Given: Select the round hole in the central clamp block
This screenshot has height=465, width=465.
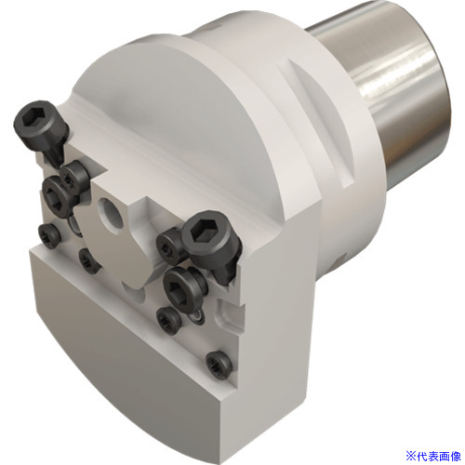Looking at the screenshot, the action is point(110,213).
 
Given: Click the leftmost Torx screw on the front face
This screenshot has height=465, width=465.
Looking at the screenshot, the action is point(49,234).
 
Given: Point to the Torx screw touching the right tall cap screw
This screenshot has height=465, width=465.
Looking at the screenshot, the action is point(168,246).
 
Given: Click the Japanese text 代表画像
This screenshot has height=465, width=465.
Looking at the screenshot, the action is point(440,456).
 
